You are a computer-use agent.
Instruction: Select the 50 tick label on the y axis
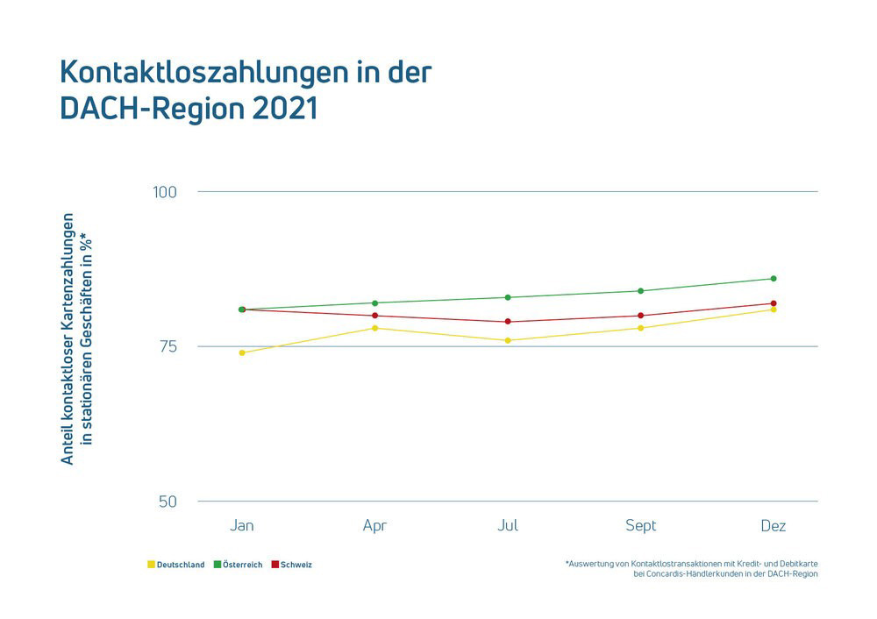click(x=168, y=502)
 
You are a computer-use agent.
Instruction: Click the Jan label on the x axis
click(x=242, y=526)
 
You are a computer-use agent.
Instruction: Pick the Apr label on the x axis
click(x=374, y=526)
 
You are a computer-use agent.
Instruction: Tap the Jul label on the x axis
click(x=508, y=526)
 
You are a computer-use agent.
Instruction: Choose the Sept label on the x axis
click(x=640, y=526)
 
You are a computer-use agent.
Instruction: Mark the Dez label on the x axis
click(x=773, y=526)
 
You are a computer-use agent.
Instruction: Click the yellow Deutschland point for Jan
click(x=242, y=352)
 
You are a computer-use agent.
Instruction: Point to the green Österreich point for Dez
click(x=774, y=279)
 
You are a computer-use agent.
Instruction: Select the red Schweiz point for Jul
click(x=508, y=322)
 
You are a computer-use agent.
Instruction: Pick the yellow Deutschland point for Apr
click(x=375, y=328)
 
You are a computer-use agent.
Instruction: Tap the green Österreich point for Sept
click(x=641, y=291)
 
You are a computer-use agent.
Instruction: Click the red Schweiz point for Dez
click(x=774, y=303)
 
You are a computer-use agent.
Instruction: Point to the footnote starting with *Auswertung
click(x=692, y=568)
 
